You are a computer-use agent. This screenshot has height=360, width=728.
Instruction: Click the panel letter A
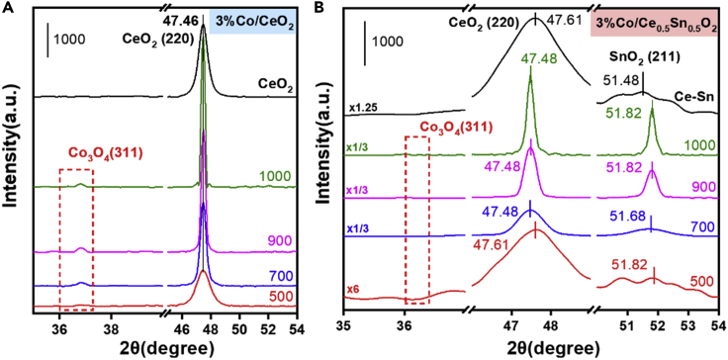tap(8, 9)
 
